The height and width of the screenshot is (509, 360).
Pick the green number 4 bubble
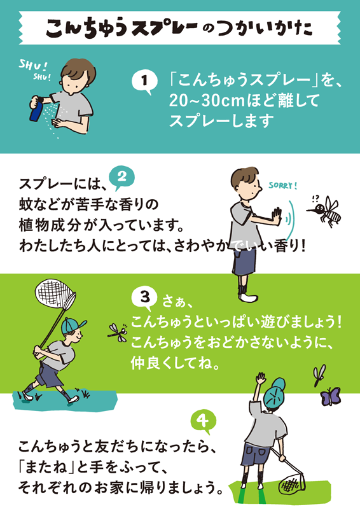point(203,421)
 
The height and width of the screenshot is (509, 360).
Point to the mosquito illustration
point(325,211)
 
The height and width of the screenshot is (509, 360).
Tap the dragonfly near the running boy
point(117,331)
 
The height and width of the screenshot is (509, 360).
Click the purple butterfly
point(330,396)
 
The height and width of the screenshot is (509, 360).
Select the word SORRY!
point(283,186)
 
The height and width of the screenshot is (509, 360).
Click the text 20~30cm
point(206,101)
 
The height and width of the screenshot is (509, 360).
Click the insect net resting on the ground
point(292,482)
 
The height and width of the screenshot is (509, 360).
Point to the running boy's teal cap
point(73,325)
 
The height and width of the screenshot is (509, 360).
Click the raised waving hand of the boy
point(260,378)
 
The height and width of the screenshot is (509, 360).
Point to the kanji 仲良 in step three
point(146,363)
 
